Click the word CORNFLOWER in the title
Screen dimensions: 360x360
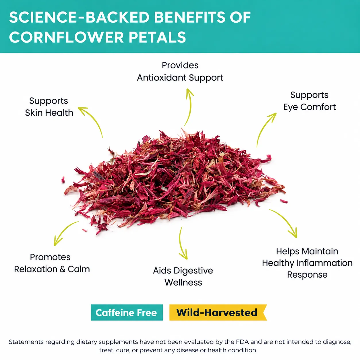pos(66,37)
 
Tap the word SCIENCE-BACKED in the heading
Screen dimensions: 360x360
pos(80,17)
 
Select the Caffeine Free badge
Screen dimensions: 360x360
pos(127,313)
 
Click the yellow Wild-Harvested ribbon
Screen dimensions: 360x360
pos(218,313)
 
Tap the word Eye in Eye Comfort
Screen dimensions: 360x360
pos(291,107)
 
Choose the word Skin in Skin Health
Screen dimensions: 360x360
pos(34,113)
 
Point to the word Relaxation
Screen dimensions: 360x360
pos(36,269)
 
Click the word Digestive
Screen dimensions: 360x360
pos(193,271)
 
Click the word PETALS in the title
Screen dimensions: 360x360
pos(157,37)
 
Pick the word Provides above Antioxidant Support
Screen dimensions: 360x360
pos(180,65)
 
